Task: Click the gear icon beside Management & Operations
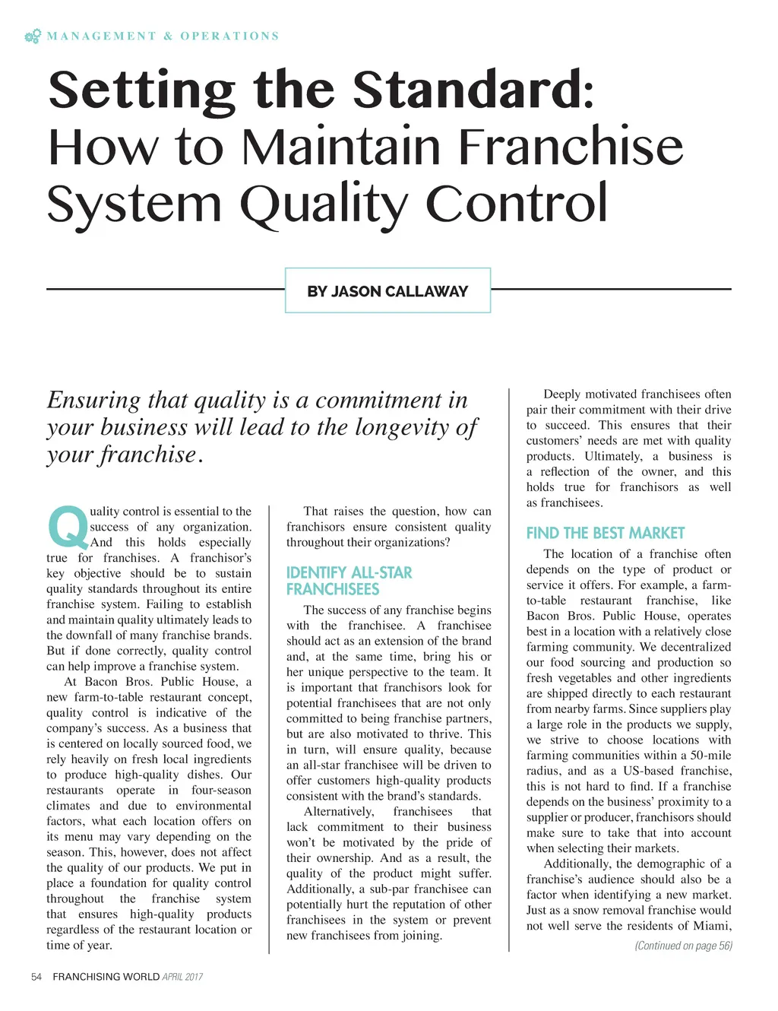coord(33,36)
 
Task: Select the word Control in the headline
coord(517,203)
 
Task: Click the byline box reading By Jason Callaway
coord(387,290)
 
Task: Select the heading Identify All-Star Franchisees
coord(349,581)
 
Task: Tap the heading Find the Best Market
coord(606,533)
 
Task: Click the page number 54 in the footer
coord(36,977)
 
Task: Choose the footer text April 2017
coord(182,977)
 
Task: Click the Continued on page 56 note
coord(683,946)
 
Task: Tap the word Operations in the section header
coord(229,36)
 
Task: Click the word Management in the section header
coord(101,36)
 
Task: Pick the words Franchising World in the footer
coord(106,977)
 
